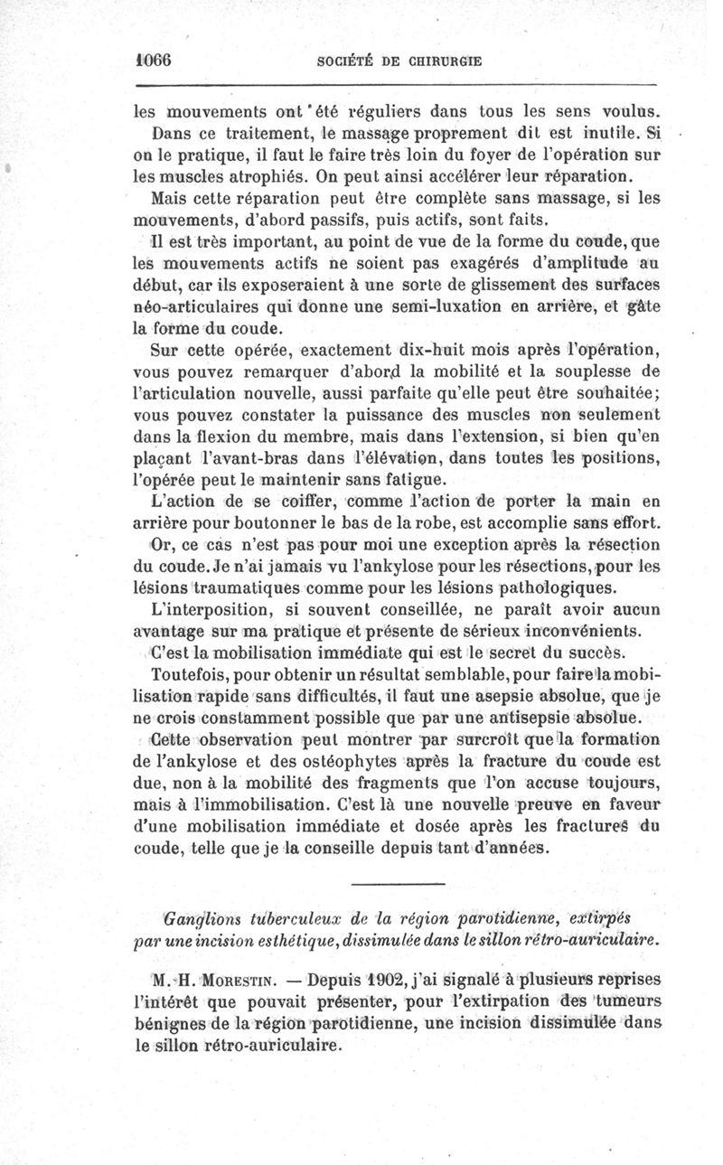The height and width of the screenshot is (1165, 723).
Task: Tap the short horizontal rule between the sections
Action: pyautogui.click(x=398, y=883)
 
